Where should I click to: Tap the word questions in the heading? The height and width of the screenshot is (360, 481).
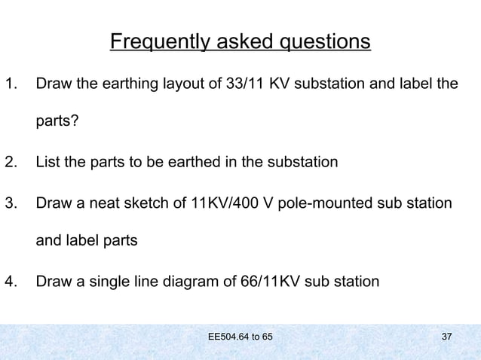tap(325, 41)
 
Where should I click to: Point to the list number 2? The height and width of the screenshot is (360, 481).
tap(9, 162)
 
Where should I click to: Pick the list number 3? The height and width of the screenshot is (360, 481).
tap(9, 203)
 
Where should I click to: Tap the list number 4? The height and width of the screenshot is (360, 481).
tap(9, 283)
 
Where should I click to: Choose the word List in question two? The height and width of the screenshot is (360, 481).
tap(47, 162)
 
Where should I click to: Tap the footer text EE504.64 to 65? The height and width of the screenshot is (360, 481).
tap(240, 335)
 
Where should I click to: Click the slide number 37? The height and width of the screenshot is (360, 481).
tap(446, 335)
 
